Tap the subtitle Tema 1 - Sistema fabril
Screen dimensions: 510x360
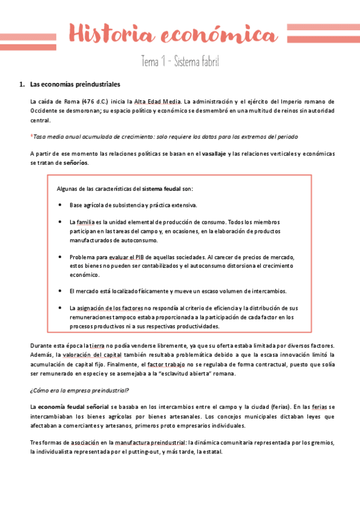pos(180,61)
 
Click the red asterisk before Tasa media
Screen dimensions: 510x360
pos(31,137)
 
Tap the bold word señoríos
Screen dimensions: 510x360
pos(75,163)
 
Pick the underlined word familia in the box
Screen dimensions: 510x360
pos(86,222)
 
